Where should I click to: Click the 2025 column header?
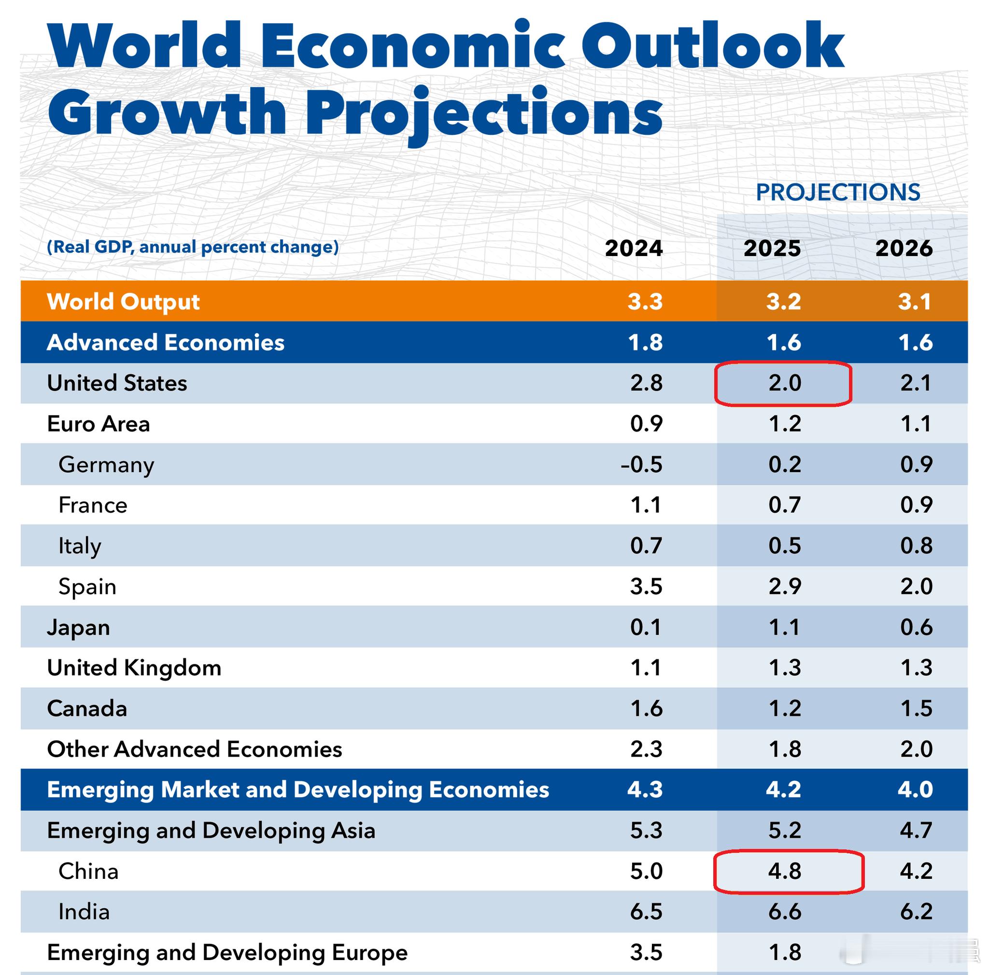pyautogui.click(x=772, y=248)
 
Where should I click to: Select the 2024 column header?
pyautogui.click(x=634, y=248)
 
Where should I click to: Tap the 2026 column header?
pyautogui.click(x=904, y=248)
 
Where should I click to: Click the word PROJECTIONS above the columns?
pyautogui.click(x=838, y=193)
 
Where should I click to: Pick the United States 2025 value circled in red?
pyautogui.click(x=784, y=383)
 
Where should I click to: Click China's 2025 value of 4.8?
pyautogui.click(x=784, y=871)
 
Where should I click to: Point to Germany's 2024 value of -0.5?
pyautogui.click(x=641, y=464)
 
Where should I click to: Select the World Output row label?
pyautogui.click(x=123, y=301)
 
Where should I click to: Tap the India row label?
pyautogui.click(x=84, y=912)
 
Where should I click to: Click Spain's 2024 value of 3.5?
pyautogui.click(x=646, y=587)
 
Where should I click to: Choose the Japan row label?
pyautogui.click(x=78, y=627)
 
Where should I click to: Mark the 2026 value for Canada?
pyautogui.click(x=916, y=709)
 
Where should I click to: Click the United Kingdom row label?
pyautogui.click(x=134, y=668)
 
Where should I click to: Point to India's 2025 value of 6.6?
pyautogui.click(x=784, y=912)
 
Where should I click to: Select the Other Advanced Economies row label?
pyautogui.click(x=195, y=749)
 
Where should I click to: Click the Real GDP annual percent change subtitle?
pyautogui.click(x=193, y=247)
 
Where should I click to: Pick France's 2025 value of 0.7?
pyautogui.click(x=784, y=505)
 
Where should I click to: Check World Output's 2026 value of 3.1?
pyautogui.click(x=915, y=301)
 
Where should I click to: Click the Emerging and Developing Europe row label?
pyautogui.click(x=227, y=952)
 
